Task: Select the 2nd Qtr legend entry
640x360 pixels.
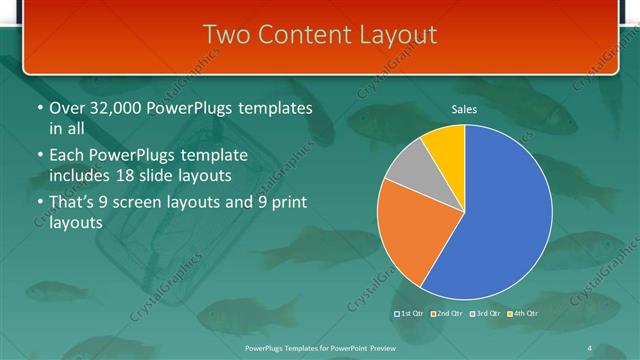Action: point(447,314)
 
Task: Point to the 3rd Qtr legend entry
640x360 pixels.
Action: point(485,314)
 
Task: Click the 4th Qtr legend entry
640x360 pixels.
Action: point(522,314)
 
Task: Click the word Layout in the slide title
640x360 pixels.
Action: point(396,34)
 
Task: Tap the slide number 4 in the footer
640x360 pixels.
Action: point(590,347)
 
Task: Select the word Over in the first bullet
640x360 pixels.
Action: point(64,109)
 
